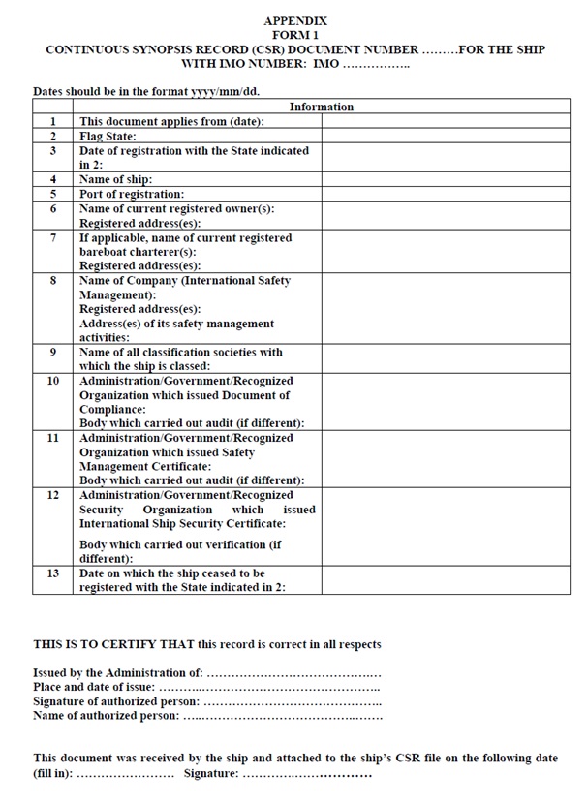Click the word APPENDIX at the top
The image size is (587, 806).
pyautogui.click(x=294, y=20)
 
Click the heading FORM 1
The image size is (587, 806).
pyautogui.click(x=295, y=34)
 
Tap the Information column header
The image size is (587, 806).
pyautogui.click(x=322, y=107)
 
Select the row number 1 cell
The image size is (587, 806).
pyautogui.click(x=53, y=121)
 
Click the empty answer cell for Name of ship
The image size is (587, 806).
pyautogui.click(x=446, y=179)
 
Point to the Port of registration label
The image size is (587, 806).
pyautogui.click(x=131, y=194)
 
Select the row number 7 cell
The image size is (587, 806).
pyautogui.click(x=53, y=237)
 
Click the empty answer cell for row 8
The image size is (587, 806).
pyautogui.click(x=446, y=308)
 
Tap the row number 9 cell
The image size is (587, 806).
pyautogui.click(x=53, y=352)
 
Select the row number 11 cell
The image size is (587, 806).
pyautogui.click(x=53, y=438)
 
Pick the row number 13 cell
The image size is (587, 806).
pyautogui.click(x=53, y=573)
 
